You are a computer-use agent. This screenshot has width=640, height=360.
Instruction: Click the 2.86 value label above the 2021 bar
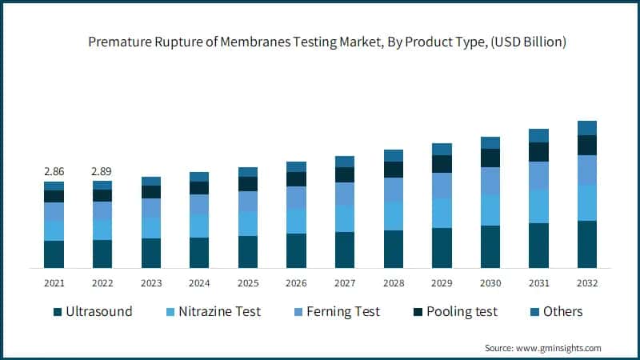point(54,172)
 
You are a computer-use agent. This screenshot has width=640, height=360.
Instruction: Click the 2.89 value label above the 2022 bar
point(102,172)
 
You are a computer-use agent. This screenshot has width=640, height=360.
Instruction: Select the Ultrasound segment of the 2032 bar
point(587,243)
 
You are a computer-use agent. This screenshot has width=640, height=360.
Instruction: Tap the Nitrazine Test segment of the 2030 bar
point(490,210)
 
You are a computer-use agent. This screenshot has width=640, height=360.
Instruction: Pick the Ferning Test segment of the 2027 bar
point(345,194)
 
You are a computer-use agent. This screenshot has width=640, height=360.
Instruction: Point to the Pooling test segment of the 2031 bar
point(539,152)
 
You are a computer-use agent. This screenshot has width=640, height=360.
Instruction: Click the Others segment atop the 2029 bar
point(442,149)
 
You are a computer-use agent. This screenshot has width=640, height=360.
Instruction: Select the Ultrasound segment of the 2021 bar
point(54,254)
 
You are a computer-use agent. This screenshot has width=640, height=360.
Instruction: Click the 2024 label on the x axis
point(199,283)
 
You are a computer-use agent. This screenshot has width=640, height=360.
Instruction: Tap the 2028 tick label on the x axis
point(394,283)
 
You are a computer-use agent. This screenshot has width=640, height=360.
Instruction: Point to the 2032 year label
point(587,283)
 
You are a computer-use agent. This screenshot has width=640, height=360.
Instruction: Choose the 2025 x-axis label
point(248,283)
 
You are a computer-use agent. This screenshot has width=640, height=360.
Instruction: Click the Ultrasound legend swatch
point(58,312)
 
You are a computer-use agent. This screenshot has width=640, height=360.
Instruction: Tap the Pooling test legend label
point(463,312)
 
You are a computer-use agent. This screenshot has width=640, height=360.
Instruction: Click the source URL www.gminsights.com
point(559,348)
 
